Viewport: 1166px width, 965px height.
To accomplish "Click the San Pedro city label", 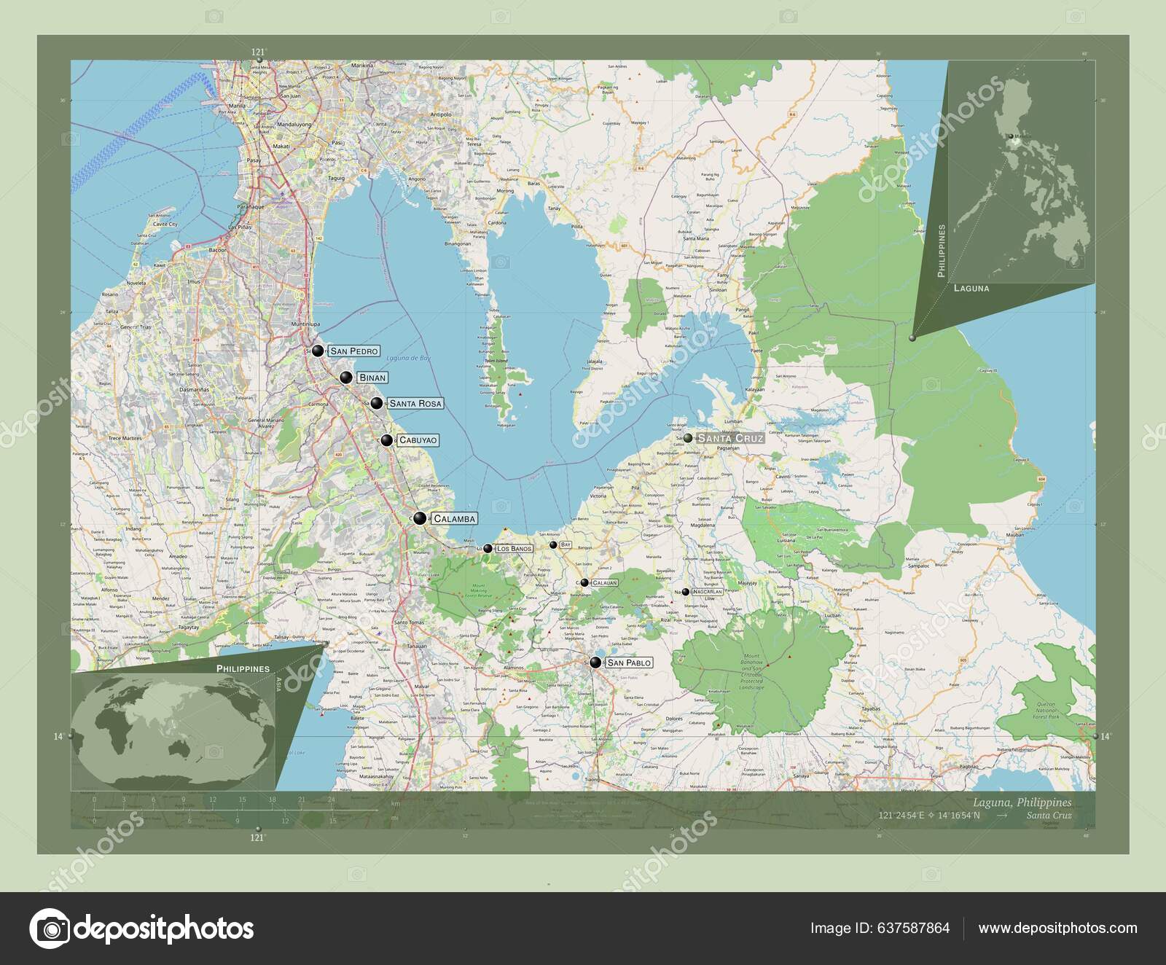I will [x=353, y=351].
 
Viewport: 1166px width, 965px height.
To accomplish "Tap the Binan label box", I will [x=371, y=378].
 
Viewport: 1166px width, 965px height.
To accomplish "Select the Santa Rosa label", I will [x=415, y=403].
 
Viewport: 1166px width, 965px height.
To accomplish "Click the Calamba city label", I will [x=454, y=519].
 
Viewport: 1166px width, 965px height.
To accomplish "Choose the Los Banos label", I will [x=514, y=548].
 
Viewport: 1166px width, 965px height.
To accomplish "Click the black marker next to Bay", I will [x=553, y=544].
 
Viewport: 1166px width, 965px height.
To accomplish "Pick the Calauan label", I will [x=604, y=583].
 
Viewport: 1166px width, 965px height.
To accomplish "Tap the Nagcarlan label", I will [x=707, y=592].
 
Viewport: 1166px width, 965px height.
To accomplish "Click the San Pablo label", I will [x=628, y=663].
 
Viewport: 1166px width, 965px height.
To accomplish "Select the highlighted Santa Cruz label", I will [x=730, y=439].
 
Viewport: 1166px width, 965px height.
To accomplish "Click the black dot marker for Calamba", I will [x=419, y=519].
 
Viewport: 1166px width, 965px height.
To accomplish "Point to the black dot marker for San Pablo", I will [x=596, y=663].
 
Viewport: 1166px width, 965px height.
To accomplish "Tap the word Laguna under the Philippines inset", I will [x=971, y=289].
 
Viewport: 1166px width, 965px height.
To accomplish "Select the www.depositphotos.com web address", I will [x=1057, y=928].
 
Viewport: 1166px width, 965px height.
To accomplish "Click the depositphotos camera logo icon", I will [x=49, y=929].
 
